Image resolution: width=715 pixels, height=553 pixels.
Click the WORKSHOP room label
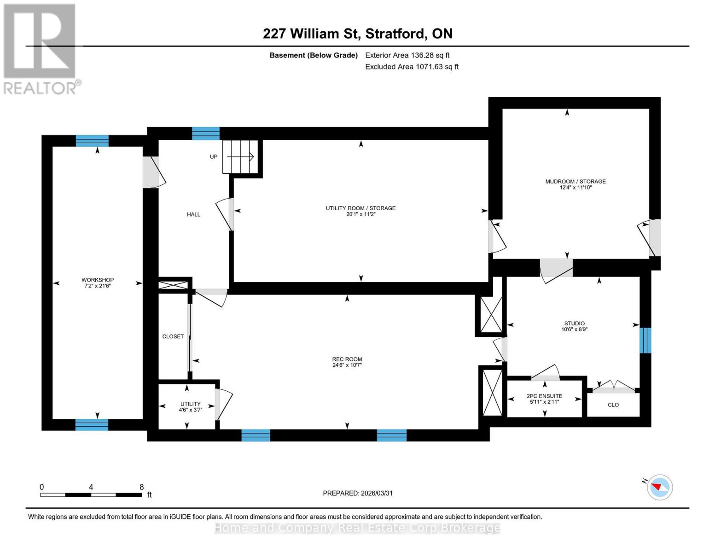(x=98, y=280)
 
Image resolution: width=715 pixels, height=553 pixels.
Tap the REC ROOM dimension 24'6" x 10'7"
(x=347, y=365)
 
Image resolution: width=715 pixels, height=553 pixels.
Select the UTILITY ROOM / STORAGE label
(x=360, y=208)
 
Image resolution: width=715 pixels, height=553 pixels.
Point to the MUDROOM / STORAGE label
(x=575, y=182)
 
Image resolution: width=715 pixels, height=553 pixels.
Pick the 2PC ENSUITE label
(x=544, y=396)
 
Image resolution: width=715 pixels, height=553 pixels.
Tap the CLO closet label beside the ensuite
(x=613, y=405)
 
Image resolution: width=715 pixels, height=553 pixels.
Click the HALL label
(x=193, y=214)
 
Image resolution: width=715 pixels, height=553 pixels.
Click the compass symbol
(x=659, y=487)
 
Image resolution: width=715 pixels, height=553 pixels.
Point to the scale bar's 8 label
(x=142, y=487)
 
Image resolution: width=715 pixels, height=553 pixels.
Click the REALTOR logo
(x=41, y=48)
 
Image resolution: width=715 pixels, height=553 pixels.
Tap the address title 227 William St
(x=357, y=34)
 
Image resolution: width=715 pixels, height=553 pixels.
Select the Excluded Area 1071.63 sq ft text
(x=412, y=67)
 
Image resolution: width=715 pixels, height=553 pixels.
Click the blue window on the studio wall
(x=645, y=340)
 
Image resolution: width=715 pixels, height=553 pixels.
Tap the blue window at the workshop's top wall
(x=92, y=141)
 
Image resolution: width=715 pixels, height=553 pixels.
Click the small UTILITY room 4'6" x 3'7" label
(x=190, y=407)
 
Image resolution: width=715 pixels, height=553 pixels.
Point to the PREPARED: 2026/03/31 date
(x=357, y=493)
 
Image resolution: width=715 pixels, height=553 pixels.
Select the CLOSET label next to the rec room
(x=173, y=336)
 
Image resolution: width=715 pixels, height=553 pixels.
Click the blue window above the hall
(x=206, y=133)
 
